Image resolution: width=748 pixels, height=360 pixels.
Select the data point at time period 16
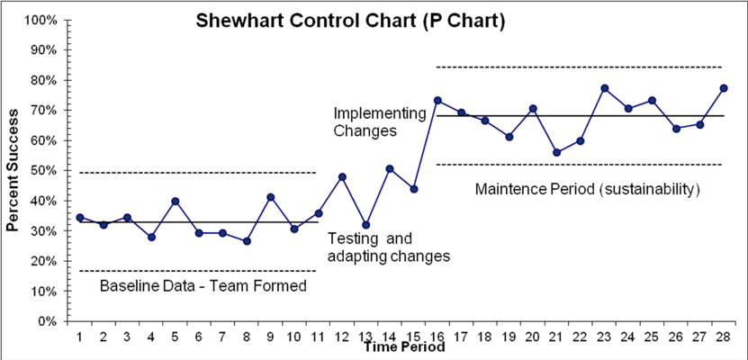pos(437,100)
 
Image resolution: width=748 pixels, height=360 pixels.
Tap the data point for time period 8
pos(247,241)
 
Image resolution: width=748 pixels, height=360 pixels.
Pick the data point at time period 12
pos(342,176)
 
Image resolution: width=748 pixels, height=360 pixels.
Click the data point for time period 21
pos(557,152)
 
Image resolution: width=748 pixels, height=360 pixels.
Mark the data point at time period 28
pos(724,88)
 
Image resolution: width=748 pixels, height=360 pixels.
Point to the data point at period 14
pos(390,168)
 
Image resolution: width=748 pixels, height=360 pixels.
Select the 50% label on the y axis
pos(44,171)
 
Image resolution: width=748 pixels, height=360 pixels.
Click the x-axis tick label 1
pos(80,337)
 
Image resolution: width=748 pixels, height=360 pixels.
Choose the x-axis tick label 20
pos(533,337)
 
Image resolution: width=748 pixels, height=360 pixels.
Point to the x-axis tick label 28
pos(724,337)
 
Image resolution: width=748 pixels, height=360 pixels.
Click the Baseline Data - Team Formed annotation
pos(203,286)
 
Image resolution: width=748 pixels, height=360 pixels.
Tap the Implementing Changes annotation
pos(378,121)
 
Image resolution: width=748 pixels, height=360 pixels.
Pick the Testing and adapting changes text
pos(388,247)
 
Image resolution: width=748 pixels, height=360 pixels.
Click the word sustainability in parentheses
pos(651,190)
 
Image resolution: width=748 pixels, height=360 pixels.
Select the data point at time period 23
pos(605,88)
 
